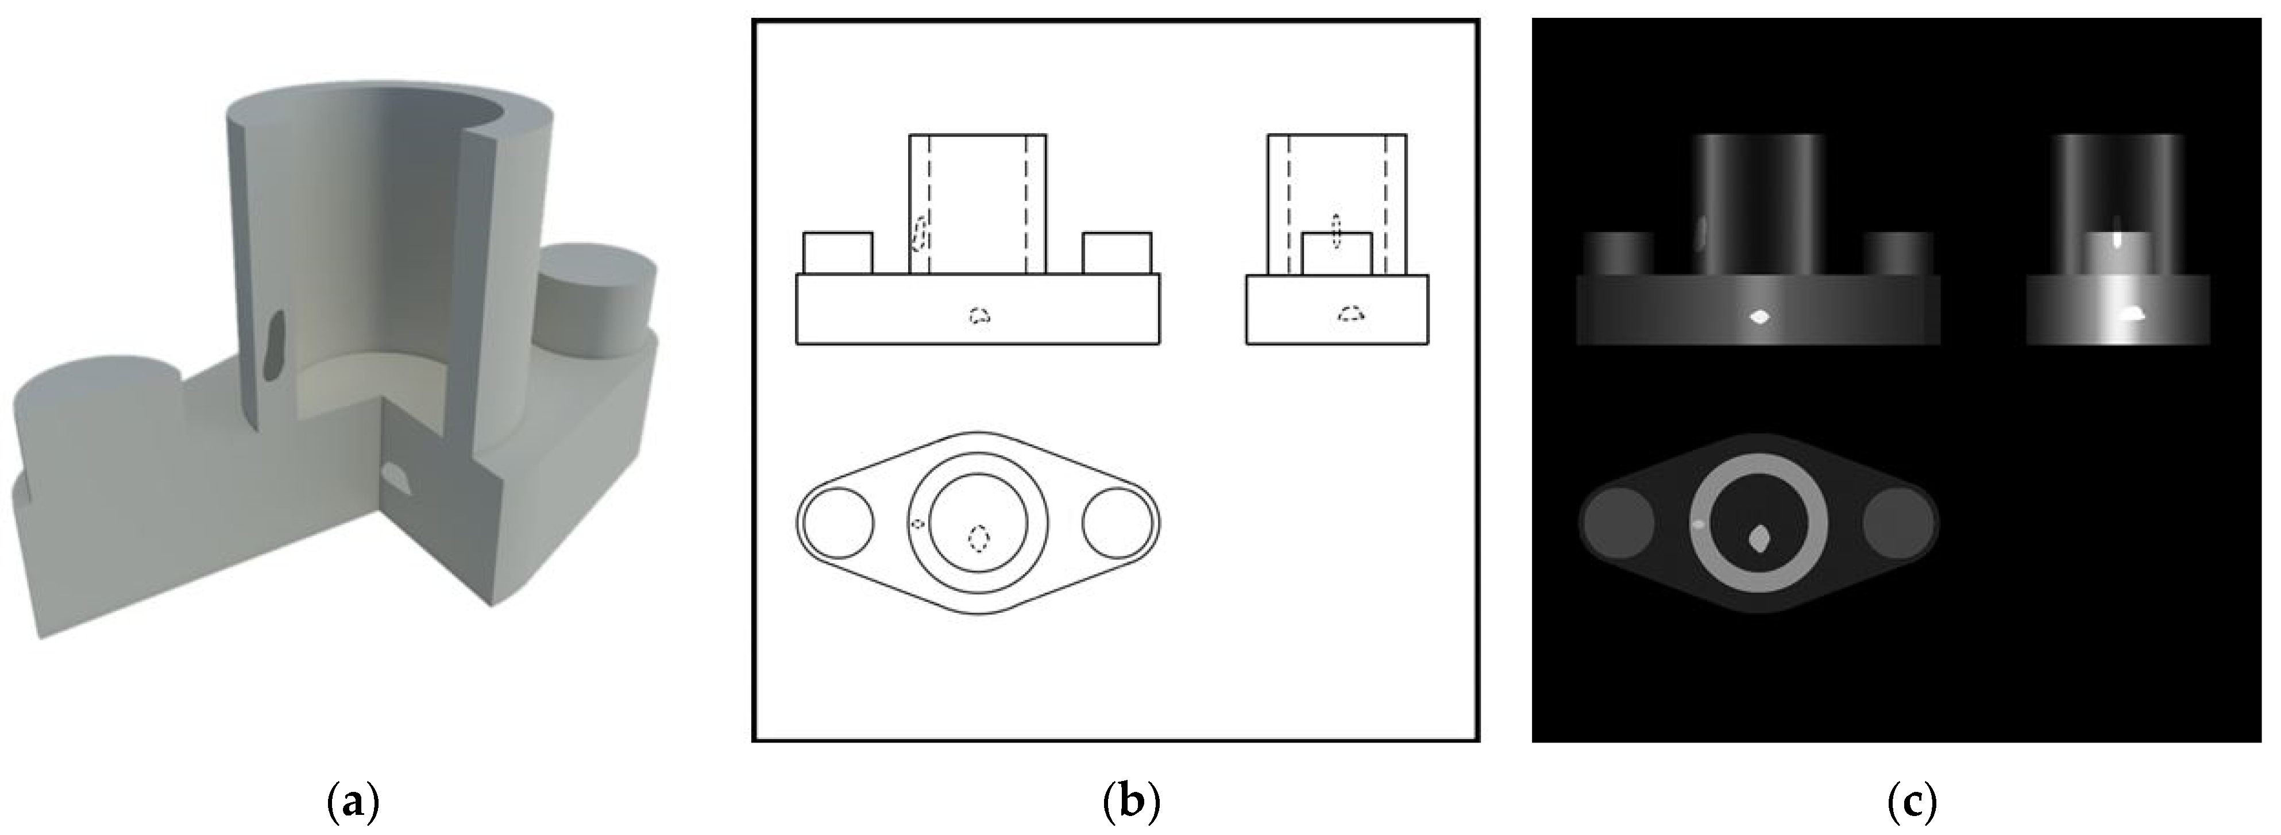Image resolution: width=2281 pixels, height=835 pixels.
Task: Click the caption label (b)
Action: (x=1132, y=804)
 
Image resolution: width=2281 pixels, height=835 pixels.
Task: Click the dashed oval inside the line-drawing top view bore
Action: (x=978, y=538)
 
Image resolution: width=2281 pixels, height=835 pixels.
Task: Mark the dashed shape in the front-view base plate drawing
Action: (x=978, y=315)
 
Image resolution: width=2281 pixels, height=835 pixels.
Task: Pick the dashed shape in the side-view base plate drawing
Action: (x=1350, y=314)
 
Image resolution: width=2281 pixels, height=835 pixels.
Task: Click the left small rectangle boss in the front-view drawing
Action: (x=837, y=253)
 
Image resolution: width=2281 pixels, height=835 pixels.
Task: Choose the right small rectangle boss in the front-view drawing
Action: (x=1117, y=253)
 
